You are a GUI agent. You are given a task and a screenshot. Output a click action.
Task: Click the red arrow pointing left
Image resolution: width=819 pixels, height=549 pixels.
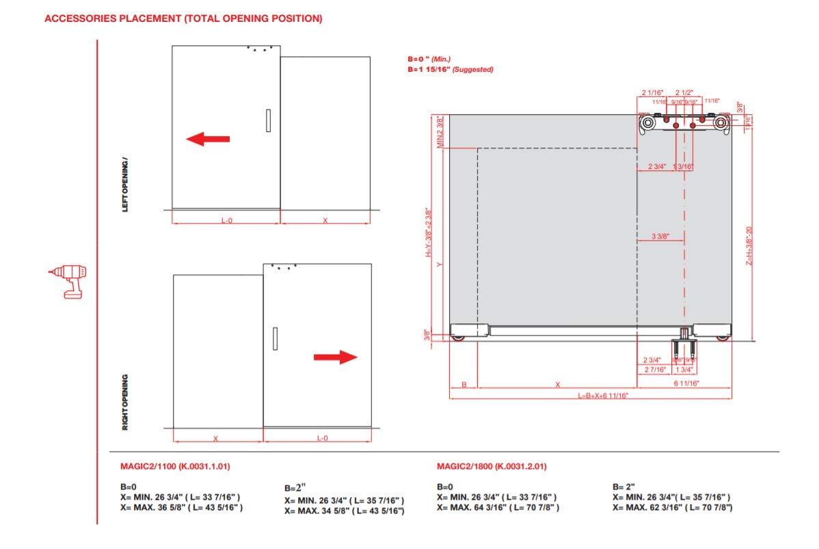click(208, 139)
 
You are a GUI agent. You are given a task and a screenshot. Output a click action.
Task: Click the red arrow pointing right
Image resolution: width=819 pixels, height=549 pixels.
click(335, 357)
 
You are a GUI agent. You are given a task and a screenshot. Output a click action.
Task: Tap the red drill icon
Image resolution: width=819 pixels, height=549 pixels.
click(68, 280)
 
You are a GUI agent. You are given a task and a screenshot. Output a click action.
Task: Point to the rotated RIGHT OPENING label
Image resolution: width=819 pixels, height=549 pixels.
click(125, 402)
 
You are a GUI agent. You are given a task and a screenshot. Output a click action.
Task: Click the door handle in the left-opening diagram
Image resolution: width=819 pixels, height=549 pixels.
click(269, 120)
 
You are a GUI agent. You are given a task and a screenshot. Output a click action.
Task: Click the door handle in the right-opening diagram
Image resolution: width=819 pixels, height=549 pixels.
click(275, 338)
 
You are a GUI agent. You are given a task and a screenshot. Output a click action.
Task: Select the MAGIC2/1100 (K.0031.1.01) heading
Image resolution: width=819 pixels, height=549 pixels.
click(176, 467)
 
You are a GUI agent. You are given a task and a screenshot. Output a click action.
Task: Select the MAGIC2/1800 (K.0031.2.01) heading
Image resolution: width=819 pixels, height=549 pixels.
click(492, 467)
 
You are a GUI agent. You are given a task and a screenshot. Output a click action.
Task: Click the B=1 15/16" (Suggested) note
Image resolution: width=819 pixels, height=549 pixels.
click(450, 70)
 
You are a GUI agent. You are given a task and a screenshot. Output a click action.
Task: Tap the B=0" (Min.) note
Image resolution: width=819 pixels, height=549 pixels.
click(429, 60)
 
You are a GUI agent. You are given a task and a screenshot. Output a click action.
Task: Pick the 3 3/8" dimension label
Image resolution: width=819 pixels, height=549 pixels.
click(660, 237)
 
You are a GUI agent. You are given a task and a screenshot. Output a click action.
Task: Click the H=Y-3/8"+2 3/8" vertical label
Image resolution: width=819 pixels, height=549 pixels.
click(428, 232)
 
